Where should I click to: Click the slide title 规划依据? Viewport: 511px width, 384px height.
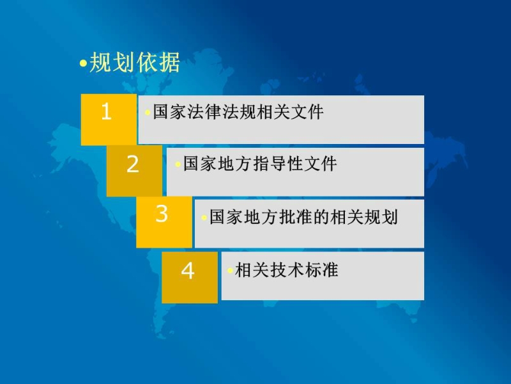click(135, 62)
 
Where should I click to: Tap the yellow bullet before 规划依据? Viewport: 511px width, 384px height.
click(84, 63)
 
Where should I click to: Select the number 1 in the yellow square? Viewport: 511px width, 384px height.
click(106, 111)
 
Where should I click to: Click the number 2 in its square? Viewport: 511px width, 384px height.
click(133, 164)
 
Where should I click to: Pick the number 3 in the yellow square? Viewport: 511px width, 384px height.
click(162, 214)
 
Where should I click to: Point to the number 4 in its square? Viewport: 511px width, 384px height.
click(188, 271)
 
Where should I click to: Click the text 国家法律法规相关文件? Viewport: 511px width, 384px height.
click(238, 112)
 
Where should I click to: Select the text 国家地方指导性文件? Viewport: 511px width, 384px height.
click(260, 164)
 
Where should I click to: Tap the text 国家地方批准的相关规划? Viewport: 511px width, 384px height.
click(303, 217)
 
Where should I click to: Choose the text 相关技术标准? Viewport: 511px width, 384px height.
click(286, 270)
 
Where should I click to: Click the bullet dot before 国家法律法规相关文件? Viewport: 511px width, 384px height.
click(148, 113)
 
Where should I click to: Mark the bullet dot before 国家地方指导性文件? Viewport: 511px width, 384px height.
click(178, 164)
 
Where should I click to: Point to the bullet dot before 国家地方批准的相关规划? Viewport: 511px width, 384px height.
click(204, 218)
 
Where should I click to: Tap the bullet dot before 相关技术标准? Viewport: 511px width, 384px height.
click(230, 270)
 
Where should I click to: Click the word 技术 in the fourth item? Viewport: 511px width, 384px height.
click(286, 270)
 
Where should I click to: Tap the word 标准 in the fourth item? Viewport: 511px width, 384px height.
click(321, 270)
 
